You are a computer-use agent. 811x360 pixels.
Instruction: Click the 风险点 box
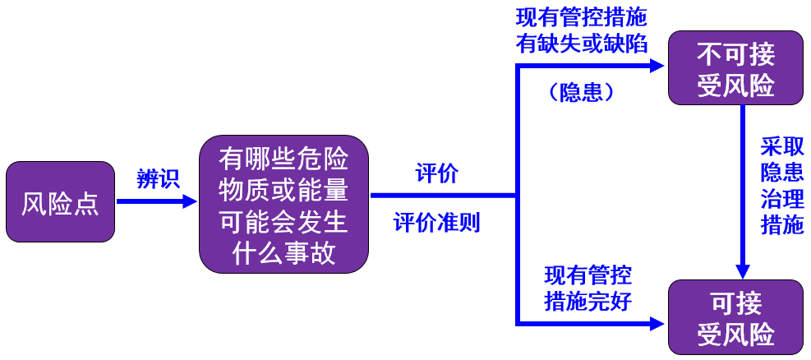pos(60,202)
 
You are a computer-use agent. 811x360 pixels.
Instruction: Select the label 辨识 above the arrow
pos(158,179)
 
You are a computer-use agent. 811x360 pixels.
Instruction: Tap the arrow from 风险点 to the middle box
pos(156,201)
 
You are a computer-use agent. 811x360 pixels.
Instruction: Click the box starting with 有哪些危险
pos(283,204)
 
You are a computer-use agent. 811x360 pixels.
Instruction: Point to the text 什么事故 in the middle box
pos(283,253)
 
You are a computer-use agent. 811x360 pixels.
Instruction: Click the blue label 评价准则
pos(437,223)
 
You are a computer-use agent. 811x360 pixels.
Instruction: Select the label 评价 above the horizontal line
pos(437,174)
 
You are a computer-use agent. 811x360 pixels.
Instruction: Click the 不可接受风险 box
pos(735,68)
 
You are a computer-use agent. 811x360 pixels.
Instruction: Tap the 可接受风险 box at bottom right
pos(735,317)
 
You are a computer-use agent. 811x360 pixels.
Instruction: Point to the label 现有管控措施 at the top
pos(581,18)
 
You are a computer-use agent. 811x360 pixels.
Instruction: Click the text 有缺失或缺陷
pos(581,44)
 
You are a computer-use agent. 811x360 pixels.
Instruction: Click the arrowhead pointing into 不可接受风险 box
pos(656,67)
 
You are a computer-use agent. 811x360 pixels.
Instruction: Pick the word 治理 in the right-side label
pos(781,199)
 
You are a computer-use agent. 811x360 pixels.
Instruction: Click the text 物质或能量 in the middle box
pos(283,190)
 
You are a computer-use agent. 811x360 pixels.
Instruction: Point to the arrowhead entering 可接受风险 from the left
pos(656,322)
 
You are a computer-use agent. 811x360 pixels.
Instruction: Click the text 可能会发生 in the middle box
pos(283,222)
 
